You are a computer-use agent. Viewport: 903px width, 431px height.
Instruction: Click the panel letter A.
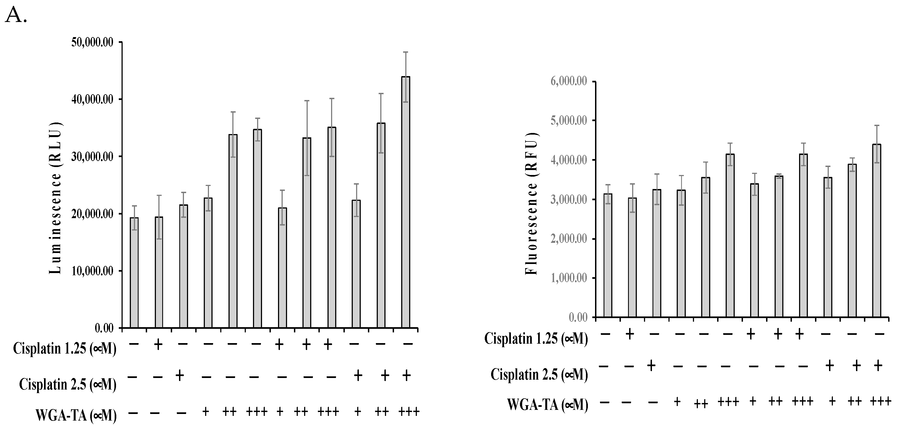tap(15, 15)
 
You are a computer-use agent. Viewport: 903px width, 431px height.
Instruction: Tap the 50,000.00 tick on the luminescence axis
tap(92, 43)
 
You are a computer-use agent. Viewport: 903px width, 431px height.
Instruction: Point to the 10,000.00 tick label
tap(92, 271)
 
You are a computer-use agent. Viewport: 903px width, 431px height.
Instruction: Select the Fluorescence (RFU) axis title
tap(532, 204)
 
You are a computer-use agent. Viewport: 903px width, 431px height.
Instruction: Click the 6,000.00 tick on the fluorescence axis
tap(567, 82)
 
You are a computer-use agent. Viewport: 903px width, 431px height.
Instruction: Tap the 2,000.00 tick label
tap(567, 239)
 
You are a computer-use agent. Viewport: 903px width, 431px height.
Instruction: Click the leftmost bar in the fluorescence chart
tap(608, 255)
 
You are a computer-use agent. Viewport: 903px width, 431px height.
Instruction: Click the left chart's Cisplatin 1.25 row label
tap(65, 349)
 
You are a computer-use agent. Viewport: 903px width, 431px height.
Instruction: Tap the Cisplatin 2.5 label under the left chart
tap(67, 384)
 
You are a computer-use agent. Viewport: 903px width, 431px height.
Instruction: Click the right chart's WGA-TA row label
tap(547, 405)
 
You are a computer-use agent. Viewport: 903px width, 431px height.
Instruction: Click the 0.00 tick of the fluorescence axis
tap(578, 318)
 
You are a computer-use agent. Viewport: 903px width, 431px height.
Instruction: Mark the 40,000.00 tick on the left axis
tap(92, 100)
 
